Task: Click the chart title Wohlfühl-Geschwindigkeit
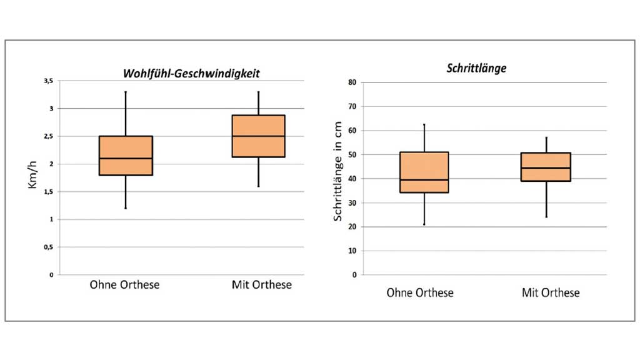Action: (x=191, y=73)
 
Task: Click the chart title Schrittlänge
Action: (x=476, y=69)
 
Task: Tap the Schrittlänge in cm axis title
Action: (x=337, y=171)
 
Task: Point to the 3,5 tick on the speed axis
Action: (x=49, y=81)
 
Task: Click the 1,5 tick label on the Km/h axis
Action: (x=49, y=192)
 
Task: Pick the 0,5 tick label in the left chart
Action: (x=49, y=247)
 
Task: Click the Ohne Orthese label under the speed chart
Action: (x=124, y=285)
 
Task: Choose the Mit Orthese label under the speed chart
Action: (x=261, y=285)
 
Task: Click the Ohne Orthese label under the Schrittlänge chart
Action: (x=420, y=292)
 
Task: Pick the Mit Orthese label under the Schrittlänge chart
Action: (x=551, y=292)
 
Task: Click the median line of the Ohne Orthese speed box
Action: (x=126, y=158)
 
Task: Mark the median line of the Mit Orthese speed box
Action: (x=259, y=136)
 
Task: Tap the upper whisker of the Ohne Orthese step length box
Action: (x=424, y=138)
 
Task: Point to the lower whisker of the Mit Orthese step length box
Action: (x=546, y=199)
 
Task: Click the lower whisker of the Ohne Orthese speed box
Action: (x=126, y=191)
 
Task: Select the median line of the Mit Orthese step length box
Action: (x=546, y=167)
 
